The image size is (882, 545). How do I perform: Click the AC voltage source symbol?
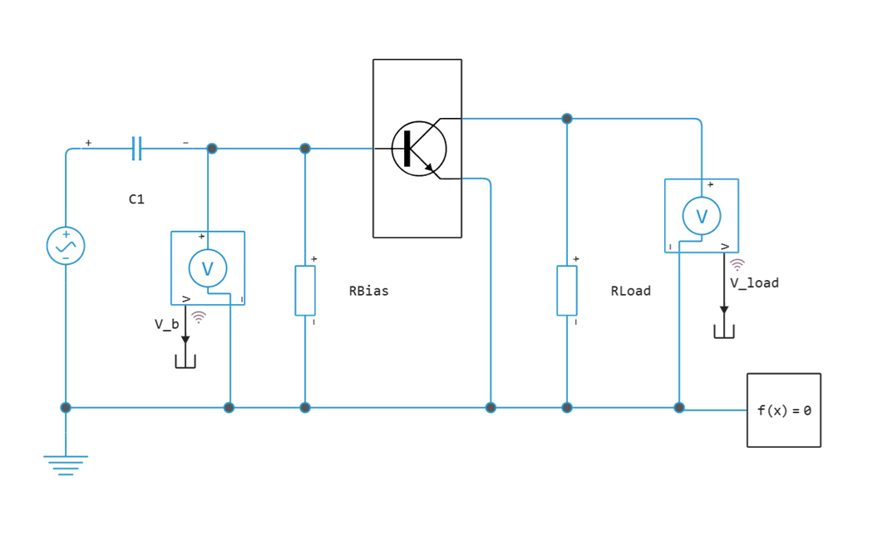tap(66, 245)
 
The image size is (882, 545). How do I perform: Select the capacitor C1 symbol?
tap(137, 149)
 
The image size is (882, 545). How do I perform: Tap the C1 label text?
tap(136, 199)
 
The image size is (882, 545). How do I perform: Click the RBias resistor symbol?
tap(305, 291)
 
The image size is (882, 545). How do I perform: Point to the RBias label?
tap(368, 291)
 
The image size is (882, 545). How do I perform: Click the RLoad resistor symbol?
tap(567, 291)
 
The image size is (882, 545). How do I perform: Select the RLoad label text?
tap(630, 291)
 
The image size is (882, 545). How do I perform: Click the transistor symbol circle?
tap(419, 149)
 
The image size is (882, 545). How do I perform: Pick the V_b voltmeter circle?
tap(208, 268)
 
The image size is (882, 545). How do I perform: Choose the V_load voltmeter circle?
tap(702, 216)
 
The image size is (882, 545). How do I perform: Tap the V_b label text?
tap(165, 324)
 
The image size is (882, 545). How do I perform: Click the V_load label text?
tap(755, 282)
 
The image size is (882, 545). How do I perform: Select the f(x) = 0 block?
tap(784, 410)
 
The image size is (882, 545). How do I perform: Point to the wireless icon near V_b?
tap(199, 317)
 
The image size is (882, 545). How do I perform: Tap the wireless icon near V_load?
tap(737, 264)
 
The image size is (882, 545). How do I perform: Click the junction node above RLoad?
tap(567, 119)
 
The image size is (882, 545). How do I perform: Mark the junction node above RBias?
tap(305, 149)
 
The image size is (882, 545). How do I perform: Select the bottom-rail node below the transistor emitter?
tap(491, 407)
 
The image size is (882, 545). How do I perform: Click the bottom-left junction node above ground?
tap(66, 407)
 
